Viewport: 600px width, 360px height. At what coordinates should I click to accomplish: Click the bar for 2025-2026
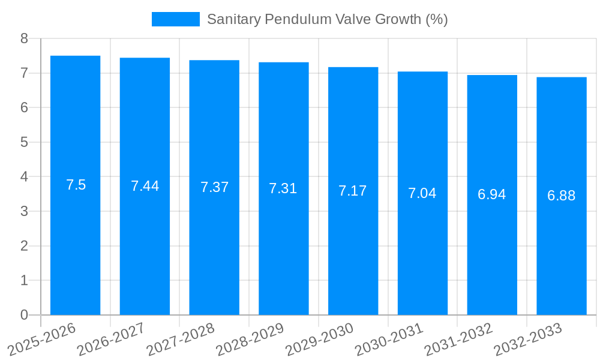75,240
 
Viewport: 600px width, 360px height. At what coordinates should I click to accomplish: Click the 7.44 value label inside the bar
145,186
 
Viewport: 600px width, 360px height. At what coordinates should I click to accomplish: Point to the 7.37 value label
214,187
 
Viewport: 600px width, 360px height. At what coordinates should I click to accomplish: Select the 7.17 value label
353,191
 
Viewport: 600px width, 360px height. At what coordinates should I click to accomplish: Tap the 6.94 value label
492,194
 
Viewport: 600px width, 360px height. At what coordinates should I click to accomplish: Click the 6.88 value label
562,196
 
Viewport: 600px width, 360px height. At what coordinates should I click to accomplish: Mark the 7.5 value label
76,185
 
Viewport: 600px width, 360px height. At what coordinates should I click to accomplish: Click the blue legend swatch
175,19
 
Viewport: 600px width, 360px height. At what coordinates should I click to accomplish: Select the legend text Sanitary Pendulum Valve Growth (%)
328,19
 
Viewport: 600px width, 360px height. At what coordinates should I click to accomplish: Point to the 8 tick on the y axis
24,38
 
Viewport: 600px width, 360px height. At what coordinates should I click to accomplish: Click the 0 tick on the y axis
24,315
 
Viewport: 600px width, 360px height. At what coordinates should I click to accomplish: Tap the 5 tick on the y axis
24,142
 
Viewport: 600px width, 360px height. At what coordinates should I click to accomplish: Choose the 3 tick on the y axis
24,211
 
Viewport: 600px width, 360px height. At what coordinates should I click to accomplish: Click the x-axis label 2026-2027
110,339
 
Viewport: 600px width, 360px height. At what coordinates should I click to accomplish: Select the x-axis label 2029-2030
319,339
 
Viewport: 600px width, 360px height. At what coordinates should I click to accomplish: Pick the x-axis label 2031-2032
458,339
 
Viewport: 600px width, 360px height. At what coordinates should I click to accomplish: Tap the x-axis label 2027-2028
180,339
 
